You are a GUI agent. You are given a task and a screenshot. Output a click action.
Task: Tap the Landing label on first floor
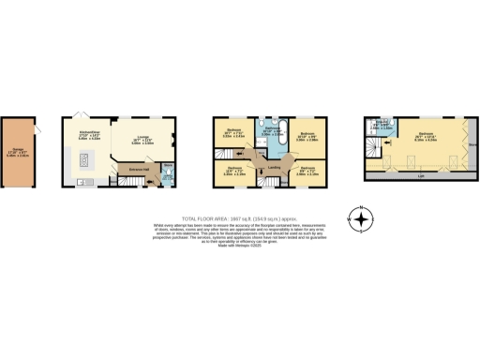pyautogui.click(x=275, y=167)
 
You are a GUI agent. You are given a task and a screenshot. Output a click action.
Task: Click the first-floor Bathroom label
pyautogui.click(x=272, y=132)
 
